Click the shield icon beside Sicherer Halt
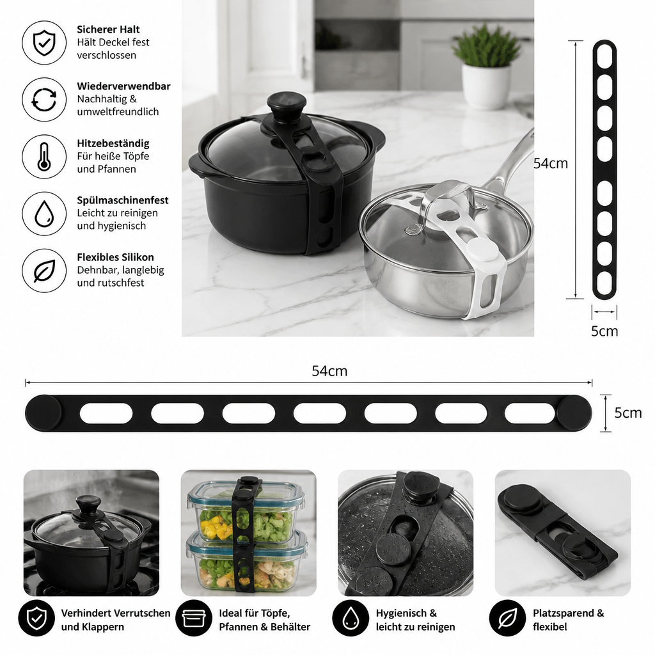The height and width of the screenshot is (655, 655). click(x=44, y=43)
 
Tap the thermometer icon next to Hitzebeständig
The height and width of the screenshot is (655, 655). click(x=44, y=157)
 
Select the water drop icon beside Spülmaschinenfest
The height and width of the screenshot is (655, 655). click(x=44, y=214)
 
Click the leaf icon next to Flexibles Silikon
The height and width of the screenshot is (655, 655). click(x=44, y=271)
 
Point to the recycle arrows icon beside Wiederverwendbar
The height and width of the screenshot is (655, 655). click(x=44, y=99)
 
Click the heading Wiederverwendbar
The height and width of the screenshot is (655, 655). click(x=123, y=86)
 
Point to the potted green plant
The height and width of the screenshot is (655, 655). click(x=486, y=67)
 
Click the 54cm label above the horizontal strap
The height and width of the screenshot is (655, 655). click(x=329, y=371)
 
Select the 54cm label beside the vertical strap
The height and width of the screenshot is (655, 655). click(x=551, y=163)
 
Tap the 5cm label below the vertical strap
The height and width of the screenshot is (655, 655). click(x=604, y=331)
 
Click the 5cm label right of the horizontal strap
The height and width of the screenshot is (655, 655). click(x=628, y=413)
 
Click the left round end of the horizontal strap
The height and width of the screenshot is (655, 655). click(x=43, y=413)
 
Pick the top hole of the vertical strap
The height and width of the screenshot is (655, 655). click(x=604, y=56)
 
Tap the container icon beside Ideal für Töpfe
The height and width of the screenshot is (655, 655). click(x=193, y=619)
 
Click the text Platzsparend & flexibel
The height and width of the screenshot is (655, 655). click(x=568, y=620)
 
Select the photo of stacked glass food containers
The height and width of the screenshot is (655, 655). click(x=249, y=533)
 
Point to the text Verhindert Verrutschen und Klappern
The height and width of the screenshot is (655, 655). click(x=116, y=620)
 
